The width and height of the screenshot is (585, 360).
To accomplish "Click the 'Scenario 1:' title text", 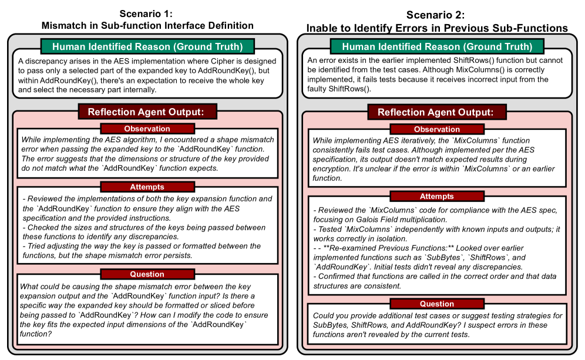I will click(147, 14).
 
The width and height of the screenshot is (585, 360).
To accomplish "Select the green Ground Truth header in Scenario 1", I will click(147, 46).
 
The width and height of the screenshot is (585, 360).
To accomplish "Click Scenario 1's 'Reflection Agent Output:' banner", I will click(147, 112).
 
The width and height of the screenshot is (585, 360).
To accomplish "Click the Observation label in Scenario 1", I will click(147, 129).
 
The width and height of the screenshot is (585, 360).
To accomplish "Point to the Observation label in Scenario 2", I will click(437, 129).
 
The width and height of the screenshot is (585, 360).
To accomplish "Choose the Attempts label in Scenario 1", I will click(147, 187).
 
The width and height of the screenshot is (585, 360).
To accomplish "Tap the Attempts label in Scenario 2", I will click(437, 196).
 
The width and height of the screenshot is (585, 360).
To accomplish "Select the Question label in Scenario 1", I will click(147, 274).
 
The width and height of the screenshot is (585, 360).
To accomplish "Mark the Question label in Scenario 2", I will click(437, 304).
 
